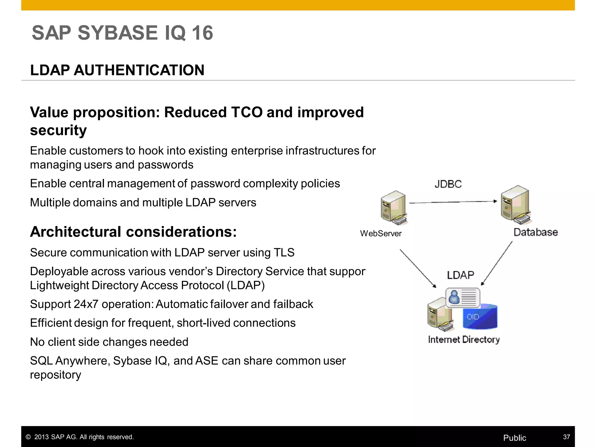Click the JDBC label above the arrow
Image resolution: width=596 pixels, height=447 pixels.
[448, 184]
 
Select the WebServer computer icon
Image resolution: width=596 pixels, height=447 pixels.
[393, 207]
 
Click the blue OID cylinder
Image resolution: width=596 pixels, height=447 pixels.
[480, 317]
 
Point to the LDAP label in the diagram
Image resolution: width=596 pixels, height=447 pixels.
[460, 275]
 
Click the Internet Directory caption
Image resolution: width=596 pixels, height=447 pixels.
[464, 340]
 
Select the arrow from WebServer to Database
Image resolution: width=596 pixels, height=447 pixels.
[453, 202]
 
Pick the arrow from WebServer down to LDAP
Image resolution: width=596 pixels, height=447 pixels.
[418, 268]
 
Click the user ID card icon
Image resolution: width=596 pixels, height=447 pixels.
[463, 297]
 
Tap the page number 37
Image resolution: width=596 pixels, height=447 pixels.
[566, 437]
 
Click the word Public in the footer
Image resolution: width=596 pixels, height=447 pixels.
[515, 438]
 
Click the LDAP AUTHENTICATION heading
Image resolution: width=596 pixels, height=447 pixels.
[117, 70]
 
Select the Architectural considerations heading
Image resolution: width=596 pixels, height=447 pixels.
[133, 232]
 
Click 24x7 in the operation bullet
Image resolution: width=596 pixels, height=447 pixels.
[86, 304]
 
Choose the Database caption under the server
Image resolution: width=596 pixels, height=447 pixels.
[535, 232]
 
